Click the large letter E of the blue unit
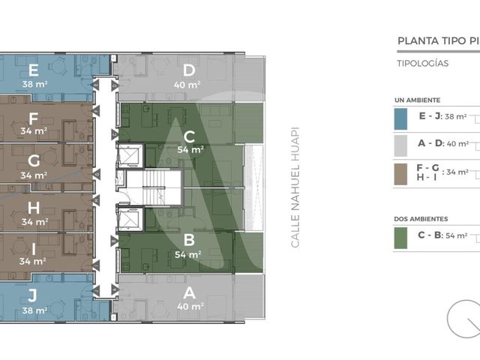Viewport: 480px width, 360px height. [x=33, y=70]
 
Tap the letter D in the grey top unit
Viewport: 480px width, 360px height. [x=189, y=70]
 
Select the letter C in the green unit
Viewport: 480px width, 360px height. [x=190, y=136]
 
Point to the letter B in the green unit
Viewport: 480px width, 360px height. [x=189, y=240]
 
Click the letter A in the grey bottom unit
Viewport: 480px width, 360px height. [x=189, y=293]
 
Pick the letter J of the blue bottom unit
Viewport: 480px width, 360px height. [x=32, y=295]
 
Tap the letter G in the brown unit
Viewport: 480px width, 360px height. [x=34, y=160]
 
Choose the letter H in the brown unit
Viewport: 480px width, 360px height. [x=34, y=208]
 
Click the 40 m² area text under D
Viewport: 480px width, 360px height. [x=187, y=85]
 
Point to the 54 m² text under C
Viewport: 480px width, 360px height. [x=190, y=150]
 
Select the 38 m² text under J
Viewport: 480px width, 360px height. [x=34, y=310]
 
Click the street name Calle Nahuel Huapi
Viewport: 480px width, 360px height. [x=295, y=187]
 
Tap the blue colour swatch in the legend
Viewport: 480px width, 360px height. [x=400, y=118]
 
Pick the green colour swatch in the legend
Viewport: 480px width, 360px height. [x=400, y=238]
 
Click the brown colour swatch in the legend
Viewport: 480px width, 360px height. [x=400, y=174]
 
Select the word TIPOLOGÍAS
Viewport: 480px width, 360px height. [x=423, y=63]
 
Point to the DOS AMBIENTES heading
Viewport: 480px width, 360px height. [x=421, y=219]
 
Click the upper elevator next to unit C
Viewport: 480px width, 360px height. [x=130, y=155]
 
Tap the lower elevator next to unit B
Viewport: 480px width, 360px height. [x=130, y=219]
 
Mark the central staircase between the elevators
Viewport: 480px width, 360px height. [x=154, y=187]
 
